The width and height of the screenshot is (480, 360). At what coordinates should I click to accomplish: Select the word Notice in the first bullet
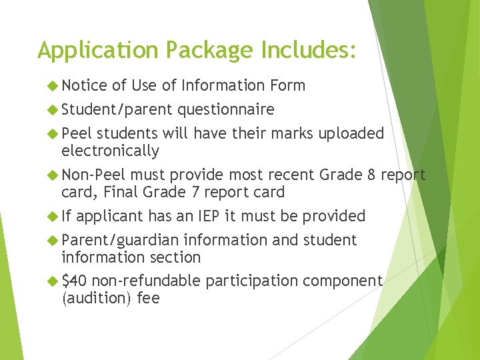click(84, 85)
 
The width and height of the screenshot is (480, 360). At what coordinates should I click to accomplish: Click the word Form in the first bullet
click(288, 85)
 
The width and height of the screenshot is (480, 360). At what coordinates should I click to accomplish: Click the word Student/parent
click(117, 109)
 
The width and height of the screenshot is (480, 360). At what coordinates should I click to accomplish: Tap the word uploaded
click(351, 133)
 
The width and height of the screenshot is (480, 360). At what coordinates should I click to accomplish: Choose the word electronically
click(110, 151)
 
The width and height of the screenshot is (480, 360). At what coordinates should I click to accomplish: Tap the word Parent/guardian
click(120, 240)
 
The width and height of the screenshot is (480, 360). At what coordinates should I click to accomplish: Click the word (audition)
click(97, 298)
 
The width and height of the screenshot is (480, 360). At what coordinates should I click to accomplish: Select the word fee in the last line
click(148, 298)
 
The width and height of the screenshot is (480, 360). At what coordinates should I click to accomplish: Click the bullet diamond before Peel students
click(53, 133)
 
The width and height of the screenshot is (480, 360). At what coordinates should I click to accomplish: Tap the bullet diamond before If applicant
click(53, 216)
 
